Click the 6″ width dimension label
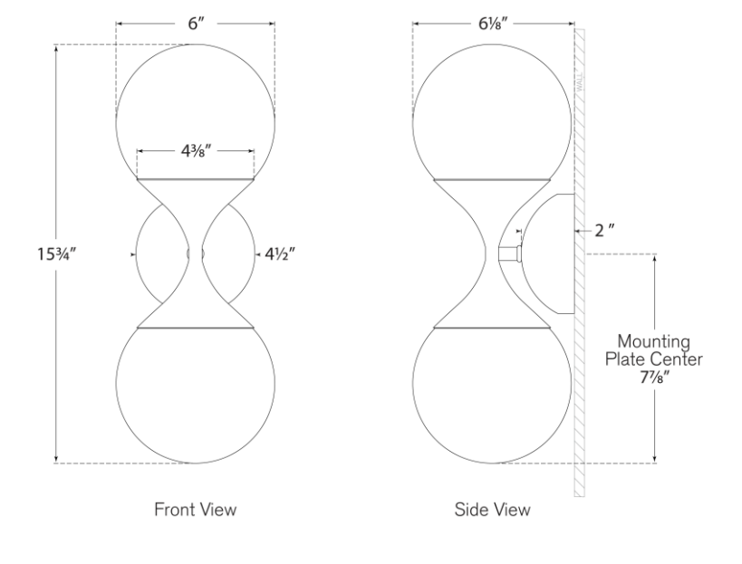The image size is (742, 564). tap(196, 24)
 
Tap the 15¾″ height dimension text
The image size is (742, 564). tap(56, 254)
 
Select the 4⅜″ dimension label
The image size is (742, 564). tap(196, 151)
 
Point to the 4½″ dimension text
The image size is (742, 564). tap(280, 254)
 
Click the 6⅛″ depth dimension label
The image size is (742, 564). tap(493, 24)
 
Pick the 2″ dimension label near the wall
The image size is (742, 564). tap(604, 231)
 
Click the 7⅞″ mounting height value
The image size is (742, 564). tap(654, 378)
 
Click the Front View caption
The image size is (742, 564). tap(195, 509)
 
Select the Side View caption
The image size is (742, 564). tap(492, 509)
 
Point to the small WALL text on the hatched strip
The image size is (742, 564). tap(580, 82)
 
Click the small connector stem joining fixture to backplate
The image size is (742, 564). tap(509, 253)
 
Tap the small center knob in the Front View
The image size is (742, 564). tap(196, 254)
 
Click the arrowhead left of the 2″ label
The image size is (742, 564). tap(578, 231)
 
